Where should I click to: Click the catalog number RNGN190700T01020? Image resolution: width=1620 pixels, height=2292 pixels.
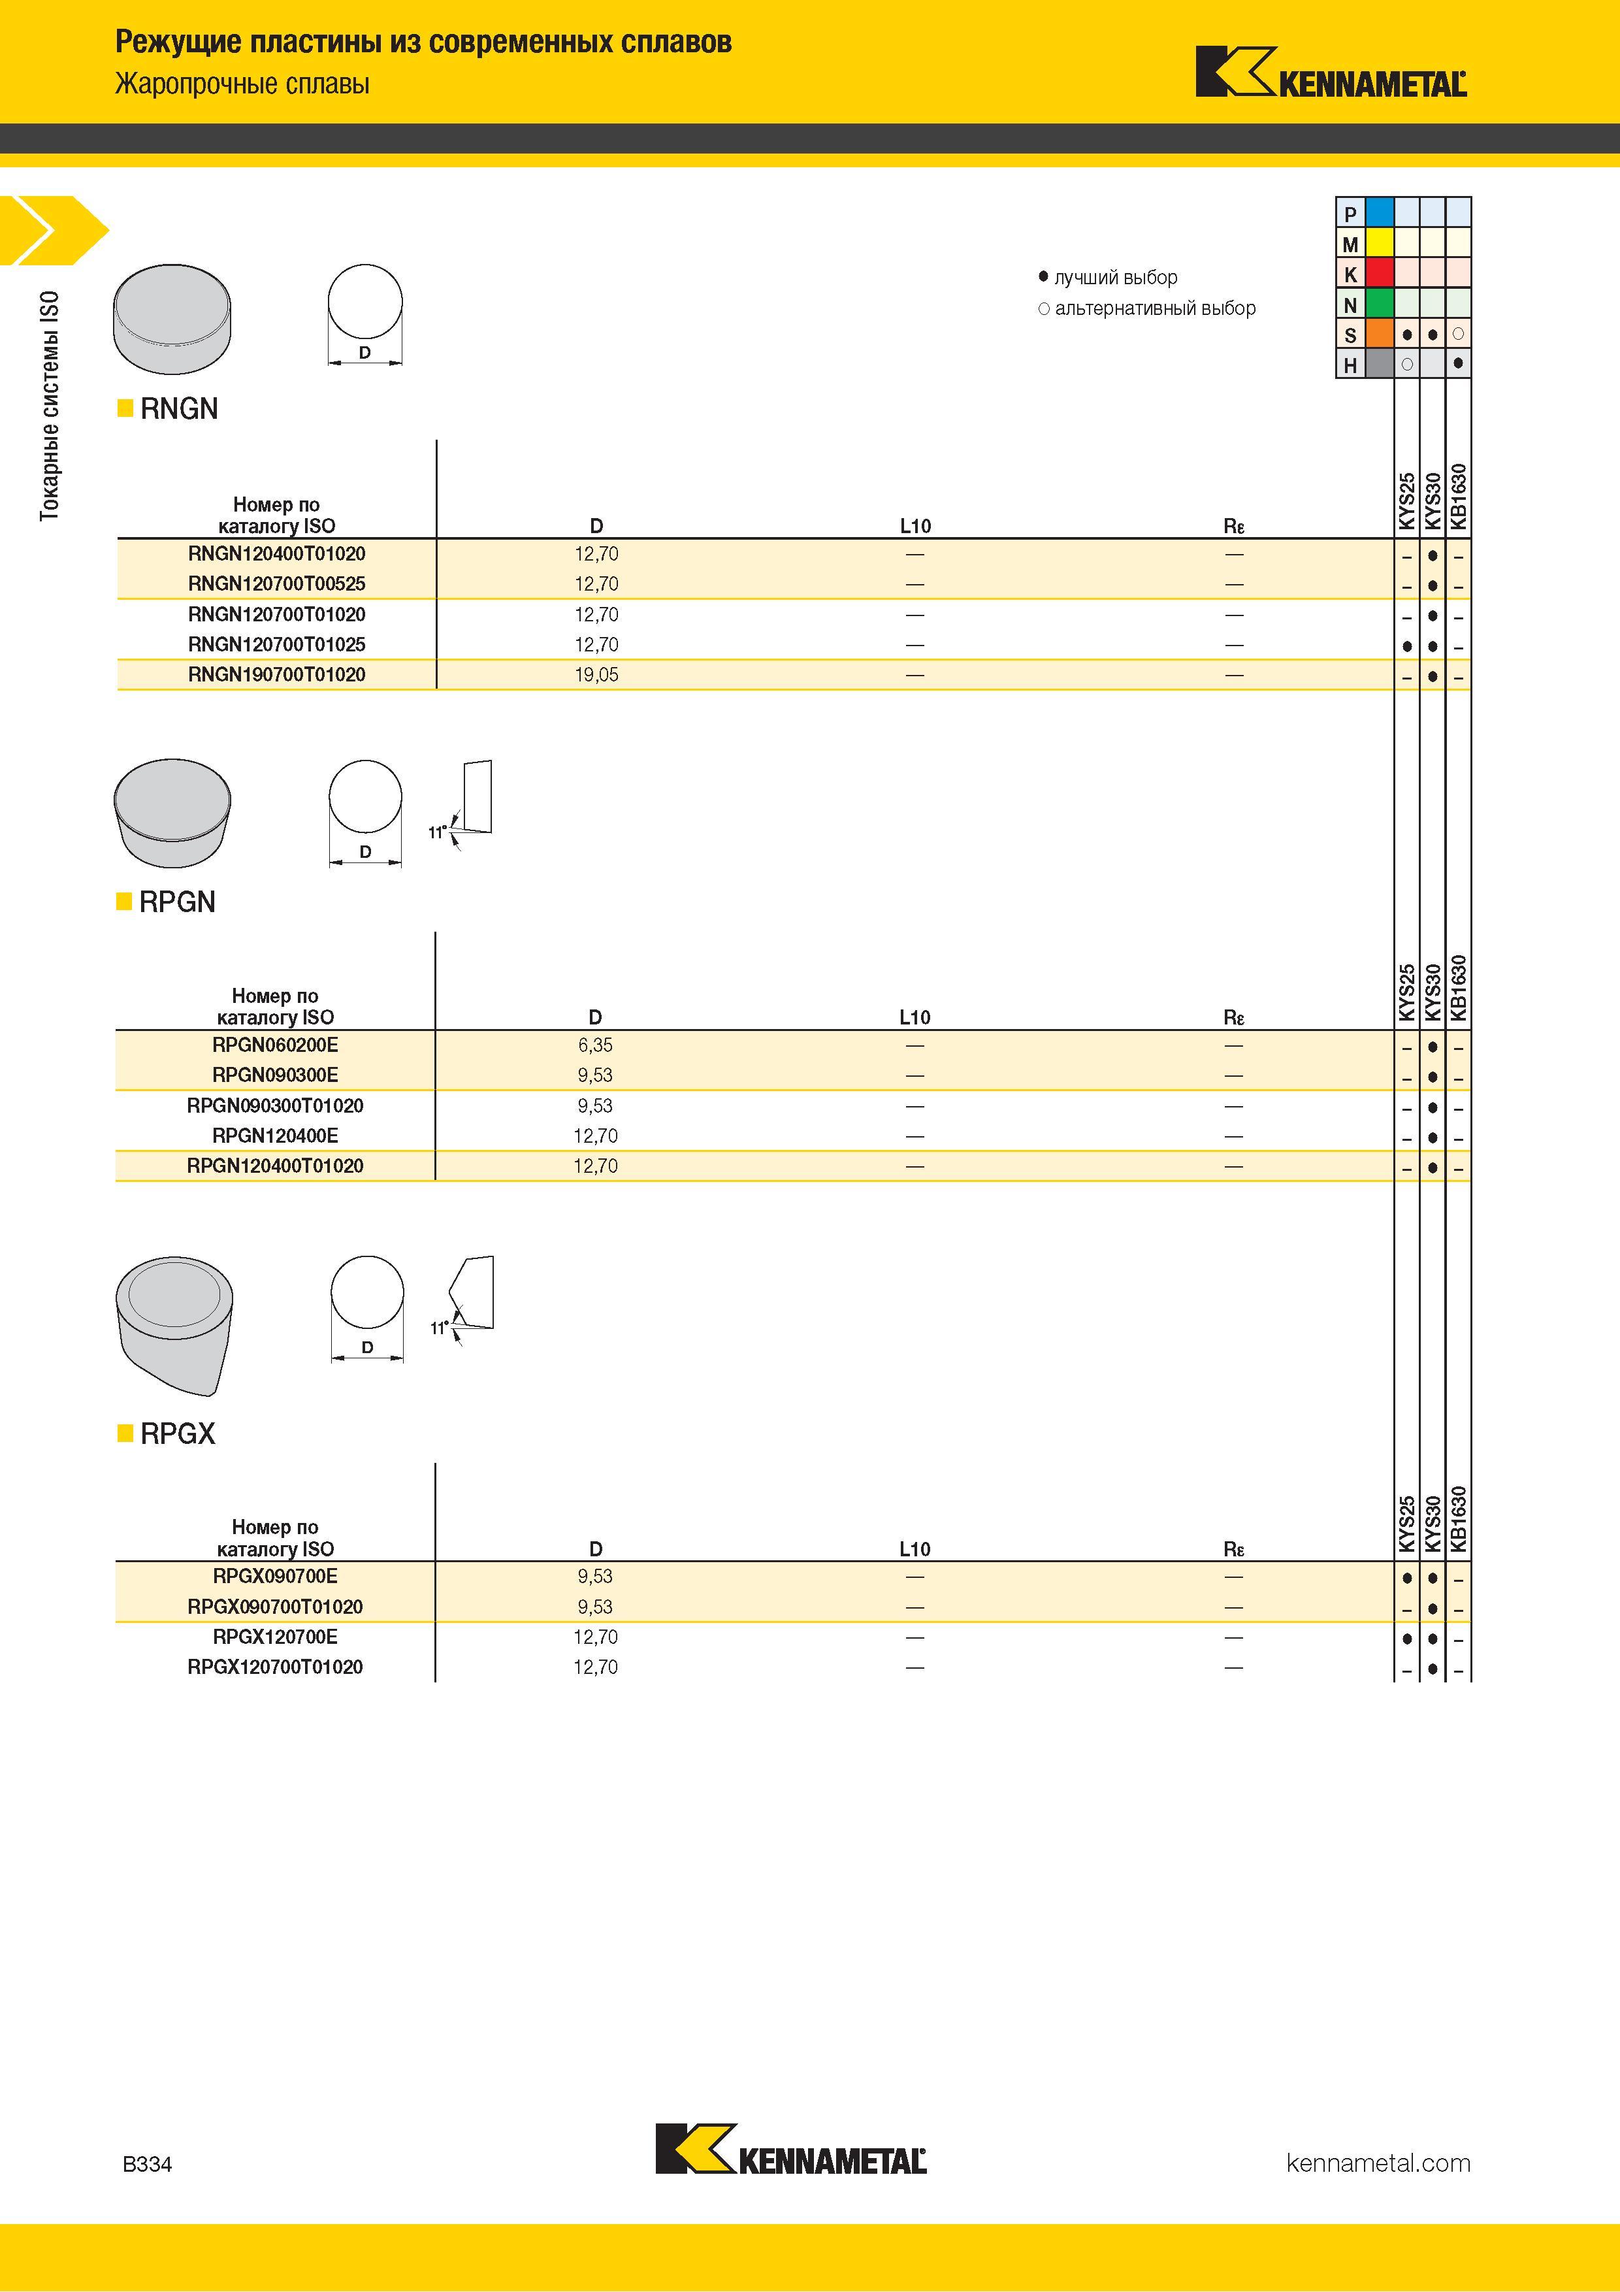click(x=276, y=675)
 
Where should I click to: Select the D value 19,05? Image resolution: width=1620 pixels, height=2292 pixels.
click(x=596, y=675)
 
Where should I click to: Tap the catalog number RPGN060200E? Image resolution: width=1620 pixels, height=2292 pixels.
click(x=276, y=1045)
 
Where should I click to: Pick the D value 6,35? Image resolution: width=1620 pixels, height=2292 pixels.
click(x=595, y=1045)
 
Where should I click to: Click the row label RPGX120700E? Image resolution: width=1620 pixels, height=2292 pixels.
click(x=276, y=1636)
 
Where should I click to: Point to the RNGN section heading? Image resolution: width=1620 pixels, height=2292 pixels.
click(x=179, y=408)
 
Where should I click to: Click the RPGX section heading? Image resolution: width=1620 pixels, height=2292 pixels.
click(x=178, y=1433)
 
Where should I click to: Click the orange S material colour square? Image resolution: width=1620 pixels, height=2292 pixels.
click(x=1380, y=335)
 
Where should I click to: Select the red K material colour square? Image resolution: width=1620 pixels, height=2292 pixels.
click(x=1380, y=274)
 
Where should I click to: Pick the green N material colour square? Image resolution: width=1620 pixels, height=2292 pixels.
click(x=1380, y=303)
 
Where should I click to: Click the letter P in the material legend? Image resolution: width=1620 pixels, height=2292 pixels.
click(x=1350, y=214)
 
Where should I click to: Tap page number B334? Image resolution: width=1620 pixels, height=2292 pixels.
click(x=147, y=2164)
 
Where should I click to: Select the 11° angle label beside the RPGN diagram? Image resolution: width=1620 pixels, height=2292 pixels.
click(x=437, y=832)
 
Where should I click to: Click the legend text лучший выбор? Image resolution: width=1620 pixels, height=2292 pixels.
click(x=1116, y=278)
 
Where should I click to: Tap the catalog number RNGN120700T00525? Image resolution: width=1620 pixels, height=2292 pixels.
click(x=276, y=584)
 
